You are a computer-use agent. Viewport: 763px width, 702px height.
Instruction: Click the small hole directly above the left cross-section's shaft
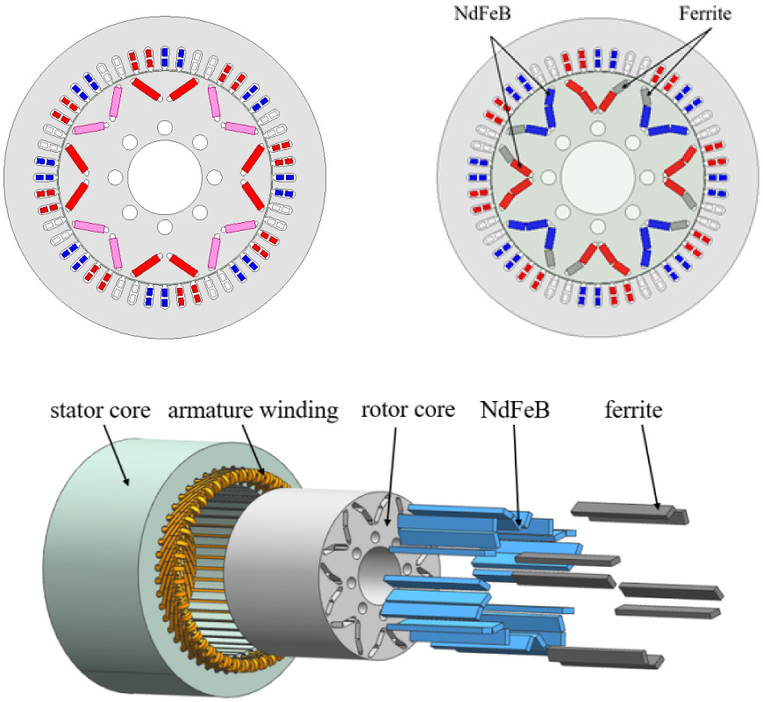[164, 128]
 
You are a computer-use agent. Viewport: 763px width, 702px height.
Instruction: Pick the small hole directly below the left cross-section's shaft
[164, 226]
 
